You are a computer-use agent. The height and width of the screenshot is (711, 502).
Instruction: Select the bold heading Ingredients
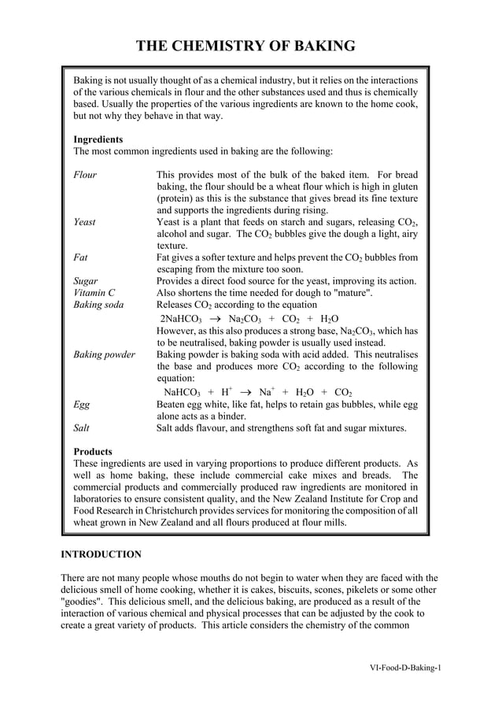(98, 139)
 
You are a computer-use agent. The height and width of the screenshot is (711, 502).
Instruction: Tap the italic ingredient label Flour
(85, 175)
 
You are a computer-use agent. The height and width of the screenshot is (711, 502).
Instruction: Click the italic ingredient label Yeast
(84, 222)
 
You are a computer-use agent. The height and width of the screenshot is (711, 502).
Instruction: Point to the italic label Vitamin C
(94, 293)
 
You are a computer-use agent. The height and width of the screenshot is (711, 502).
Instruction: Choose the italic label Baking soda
(98, 305)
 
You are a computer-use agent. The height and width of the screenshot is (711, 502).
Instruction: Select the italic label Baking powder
(104, 354)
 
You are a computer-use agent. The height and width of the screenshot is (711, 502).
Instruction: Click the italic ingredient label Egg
(81, 405)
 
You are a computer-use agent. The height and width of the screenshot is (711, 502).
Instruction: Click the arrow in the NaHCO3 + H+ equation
(245, 392)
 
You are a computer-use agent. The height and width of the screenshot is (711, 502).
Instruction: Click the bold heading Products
(93, 452)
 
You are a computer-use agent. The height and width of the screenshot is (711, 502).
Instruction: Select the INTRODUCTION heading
(102, 555)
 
